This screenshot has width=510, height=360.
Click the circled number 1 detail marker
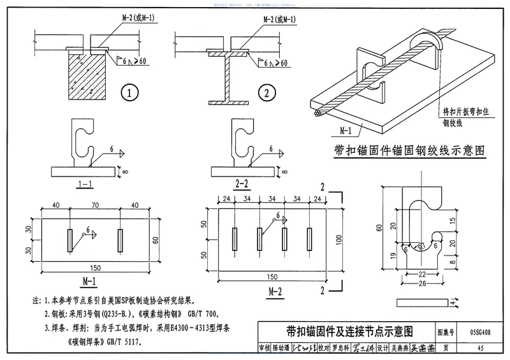click(130, 94)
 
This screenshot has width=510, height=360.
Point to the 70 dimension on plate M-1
click(94, 206)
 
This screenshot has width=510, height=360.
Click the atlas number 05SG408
click(482, 332)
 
